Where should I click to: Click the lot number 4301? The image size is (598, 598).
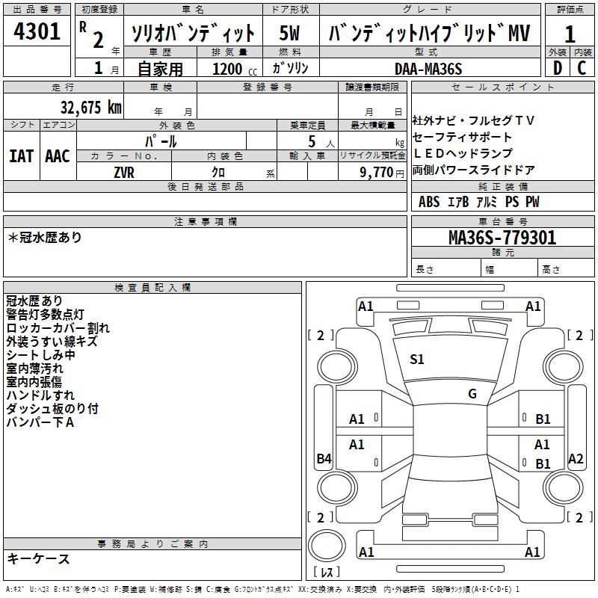(37, 32)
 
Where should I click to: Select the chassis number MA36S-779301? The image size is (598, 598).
(502, 238)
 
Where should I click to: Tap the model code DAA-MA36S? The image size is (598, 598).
(428, 69)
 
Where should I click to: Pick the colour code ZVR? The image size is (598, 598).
(124, 171)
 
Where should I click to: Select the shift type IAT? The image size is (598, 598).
(22, 156)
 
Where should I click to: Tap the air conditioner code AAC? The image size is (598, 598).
(58, 156)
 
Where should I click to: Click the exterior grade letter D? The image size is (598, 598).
(557, 69)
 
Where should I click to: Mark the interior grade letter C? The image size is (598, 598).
(582, 69)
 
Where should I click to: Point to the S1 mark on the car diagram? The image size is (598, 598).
(417, 360)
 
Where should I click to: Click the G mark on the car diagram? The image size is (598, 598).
(472, 394)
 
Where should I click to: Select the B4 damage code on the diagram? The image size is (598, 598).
(324, 459)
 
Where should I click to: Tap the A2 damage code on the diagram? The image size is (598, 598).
(576, 459)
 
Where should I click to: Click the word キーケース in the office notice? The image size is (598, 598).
(38, 558)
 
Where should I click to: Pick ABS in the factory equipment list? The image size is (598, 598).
(429, 202)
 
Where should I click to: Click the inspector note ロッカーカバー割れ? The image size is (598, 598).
(58, 327)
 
